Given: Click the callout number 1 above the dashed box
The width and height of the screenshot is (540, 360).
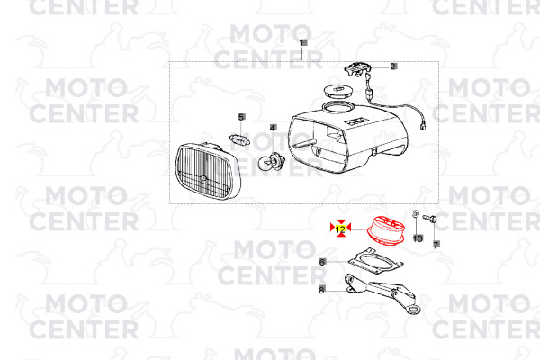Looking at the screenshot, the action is (x=302, y=43).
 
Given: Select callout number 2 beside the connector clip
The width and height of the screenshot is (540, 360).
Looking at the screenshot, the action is (x=393, y=67).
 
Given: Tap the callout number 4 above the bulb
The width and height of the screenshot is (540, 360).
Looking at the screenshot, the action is (x=273, y=128).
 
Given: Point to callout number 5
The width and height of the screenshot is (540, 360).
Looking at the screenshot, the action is (x=241, y=117).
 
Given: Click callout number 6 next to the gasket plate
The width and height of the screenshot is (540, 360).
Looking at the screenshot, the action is (x=322, y=262).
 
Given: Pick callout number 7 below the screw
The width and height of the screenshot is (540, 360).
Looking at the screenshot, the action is (x=436, y=245).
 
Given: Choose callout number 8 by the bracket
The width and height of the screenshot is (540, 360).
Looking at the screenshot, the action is (x=321, y=290).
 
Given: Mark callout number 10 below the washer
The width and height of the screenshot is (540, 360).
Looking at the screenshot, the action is (x=418, y=238).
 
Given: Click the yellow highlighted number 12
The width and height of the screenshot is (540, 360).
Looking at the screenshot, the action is (x=340, y=229).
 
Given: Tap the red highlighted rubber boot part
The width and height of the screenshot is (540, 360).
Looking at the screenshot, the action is (x=386, y=229).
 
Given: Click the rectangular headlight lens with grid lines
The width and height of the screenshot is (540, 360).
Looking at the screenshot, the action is (x=208, y=171).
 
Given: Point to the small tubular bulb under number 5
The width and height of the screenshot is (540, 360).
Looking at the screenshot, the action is (x=239, y=139).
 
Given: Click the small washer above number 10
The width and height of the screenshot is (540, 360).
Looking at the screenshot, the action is (x=416, y=214).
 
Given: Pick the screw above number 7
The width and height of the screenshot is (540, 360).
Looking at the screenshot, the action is (x=429, y=218).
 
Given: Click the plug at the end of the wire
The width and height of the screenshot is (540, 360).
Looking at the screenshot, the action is (x=423, y=127).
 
